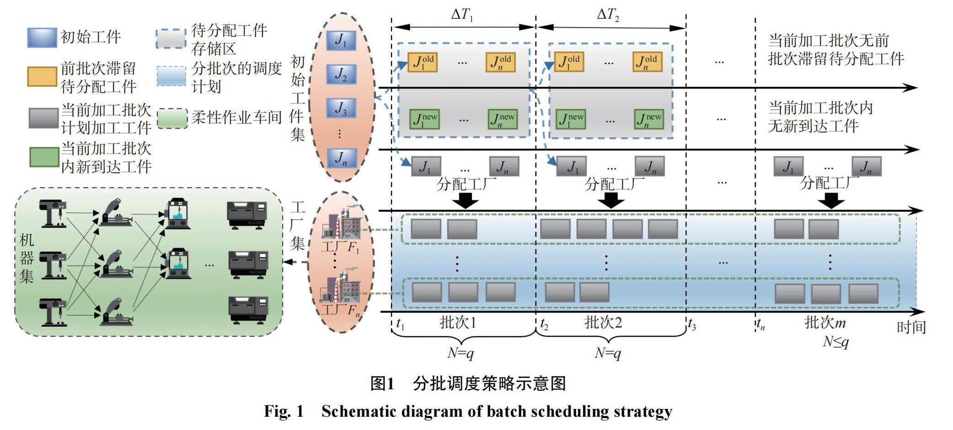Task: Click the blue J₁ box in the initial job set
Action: pos(341,40)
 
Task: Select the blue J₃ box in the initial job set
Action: pos(341,108)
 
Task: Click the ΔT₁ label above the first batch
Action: pos(462,15)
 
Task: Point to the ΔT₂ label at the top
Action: pos(608,15)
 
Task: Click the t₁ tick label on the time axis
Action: pos(400,324)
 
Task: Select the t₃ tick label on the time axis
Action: pos(692,325)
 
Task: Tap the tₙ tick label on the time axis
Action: pos(760,324)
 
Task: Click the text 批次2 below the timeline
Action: pos(603,322)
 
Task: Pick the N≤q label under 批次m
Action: pos(835,342)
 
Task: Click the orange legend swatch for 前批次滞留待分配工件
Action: pos(42,76)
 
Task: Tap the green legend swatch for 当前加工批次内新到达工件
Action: pos(44,157)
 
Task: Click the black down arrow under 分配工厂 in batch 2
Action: pos(611,200)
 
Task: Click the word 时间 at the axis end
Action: pos(911,327)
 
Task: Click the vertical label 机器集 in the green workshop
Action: pos(27,258)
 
